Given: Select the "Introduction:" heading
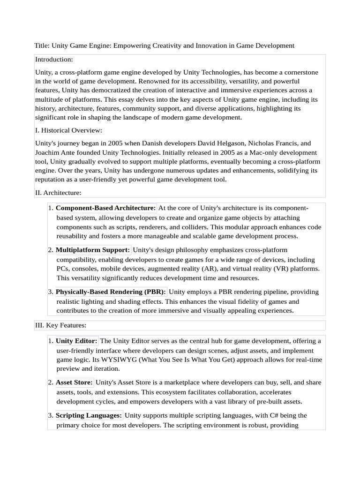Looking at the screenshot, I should [x=54, y=60].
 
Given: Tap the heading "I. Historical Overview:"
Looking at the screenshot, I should [x=68, y=130].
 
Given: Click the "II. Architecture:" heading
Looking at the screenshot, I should [x=58, y=192].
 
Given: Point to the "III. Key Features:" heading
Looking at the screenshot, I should [x=60, y=325].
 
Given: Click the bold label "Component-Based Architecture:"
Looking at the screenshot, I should [x=105, y=208].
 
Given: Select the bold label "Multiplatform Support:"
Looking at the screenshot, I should [x=93, y=250].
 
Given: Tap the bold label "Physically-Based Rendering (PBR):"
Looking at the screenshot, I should [x=111, y=292].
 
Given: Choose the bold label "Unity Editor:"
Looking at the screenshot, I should [x=76, y=341].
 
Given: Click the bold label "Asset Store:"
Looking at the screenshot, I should [x=74, y=382].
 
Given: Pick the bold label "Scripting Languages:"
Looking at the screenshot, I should [x=89, y=415].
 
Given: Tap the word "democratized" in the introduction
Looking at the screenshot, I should [x=118, y=90].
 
